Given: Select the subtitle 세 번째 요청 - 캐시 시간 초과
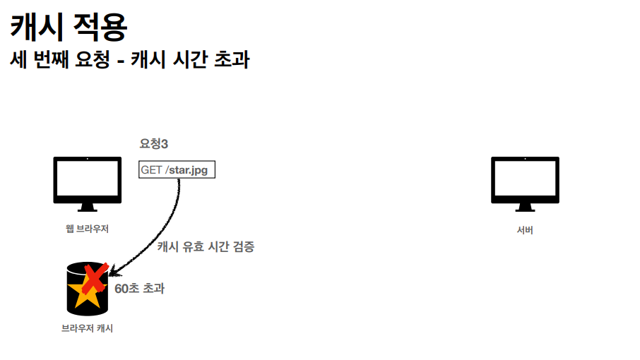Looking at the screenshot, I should coord(129,60).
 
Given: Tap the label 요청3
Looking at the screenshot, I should coord(154,144).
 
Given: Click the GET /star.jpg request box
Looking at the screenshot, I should coord(177,170).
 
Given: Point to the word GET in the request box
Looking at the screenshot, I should coord(151,170).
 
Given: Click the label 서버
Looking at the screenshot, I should coord(524,230).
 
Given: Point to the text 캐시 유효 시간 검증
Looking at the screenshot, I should coord(206,246).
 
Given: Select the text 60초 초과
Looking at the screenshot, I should coord(139,289).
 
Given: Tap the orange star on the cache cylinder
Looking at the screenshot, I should coord(86,291).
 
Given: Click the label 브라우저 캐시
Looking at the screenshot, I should coord(87,328).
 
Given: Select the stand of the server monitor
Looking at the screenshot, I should coord(524,207).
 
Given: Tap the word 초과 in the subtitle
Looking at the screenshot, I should coord(235,60).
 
